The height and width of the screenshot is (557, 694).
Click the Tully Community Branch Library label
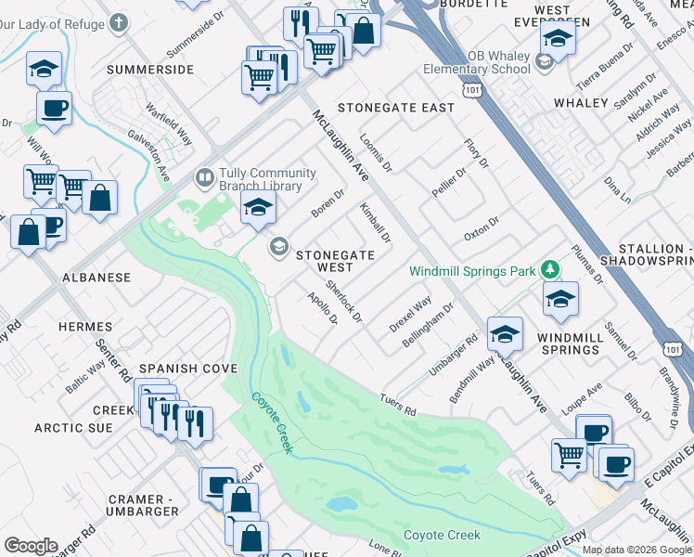tap(260, 179)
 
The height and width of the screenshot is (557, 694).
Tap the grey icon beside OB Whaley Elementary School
tap(545, 62)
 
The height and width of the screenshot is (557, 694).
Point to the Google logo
tap(31, 546)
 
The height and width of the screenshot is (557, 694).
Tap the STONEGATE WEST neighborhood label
tap(335, 261)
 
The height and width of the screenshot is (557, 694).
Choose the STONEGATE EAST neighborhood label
tap(396, 108)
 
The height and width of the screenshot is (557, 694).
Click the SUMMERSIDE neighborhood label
tap(150, 70)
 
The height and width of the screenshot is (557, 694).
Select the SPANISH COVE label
tap(181, 369)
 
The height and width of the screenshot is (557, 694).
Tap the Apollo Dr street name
tap(322, 310)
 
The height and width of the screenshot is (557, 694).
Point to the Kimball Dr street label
tap(376, 223)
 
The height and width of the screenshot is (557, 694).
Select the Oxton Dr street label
tap(482, 229)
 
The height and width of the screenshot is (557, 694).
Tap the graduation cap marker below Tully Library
tap(259, 209)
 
